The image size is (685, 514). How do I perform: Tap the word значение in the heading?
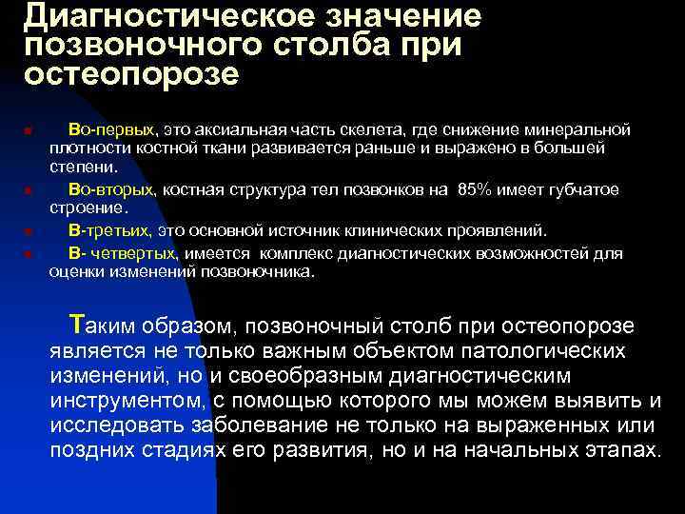(400, 16)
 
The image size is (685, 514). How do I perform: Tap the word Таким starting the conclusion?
(102, 326)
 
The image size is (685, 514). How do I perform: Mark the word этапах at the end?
(622, 448)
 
